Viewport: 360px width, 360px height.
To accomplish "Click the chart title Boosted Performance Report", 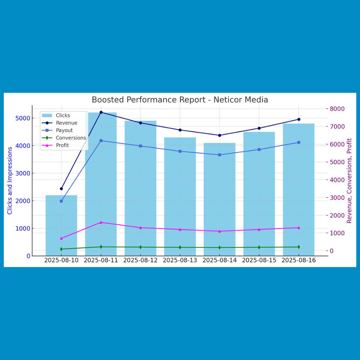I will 180,100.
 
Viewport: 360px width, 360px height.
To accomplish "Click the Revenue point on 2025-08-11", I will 101,112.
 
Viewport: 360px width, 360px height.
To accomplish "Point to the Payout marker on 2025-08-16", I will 299,142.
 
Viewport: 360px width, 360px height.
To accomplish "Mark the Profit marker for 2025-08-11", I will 101,222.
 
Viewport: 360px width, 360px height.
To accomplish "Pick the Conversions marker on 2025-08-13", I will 180,247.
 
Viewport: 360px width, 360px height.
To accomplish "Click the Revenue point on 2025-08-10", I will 61,189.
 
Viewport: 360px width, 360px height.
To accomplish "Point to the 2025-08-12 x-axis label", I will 140,261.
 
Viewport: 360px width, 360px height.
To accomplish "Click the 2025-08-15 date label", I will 259,261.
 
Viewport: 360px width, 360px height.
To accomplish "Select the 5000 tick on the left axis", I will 23,118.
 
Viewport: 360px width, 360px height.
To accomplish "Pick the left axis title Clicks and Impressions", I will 10,181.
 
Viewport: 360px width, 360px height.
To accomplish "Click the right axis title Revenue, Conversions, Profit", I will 349,181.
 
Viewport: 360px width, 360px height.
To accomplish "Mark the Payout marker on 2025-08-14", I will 219,155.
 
